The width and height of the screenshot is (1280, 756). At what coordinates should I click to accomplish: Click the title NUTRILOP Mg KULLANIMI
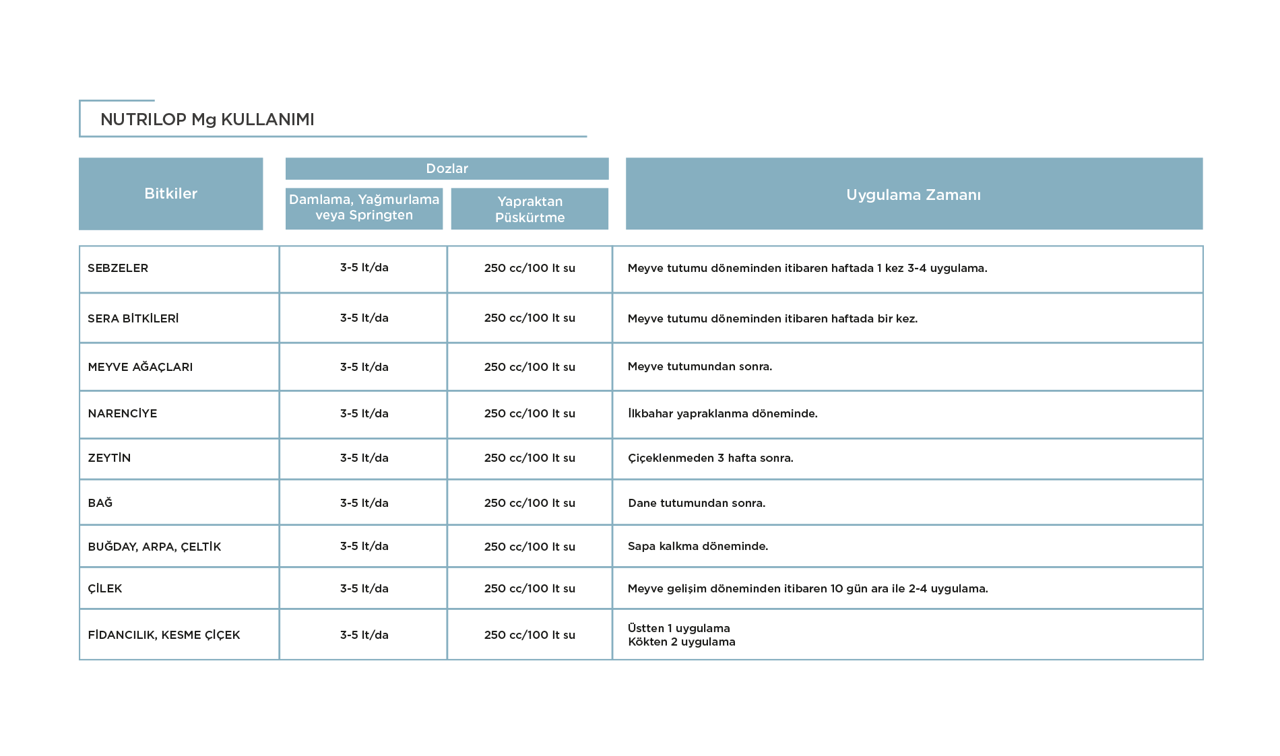(207, 120)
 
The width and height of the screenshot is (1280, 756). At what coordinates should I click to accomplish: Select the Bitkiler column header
(171, 194)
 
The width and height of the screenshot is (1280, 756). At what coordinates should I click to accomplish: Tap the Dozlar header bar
(447, 168)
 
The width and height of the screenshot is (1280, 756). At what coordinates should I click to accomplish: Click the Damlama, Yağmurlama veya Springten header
(364, 207)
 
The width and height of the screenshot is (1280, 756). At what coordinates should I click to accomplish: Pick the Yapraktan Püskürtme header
(530, 209)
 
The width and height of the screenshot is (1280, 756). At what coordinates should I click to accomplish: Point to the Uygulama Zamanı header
(914, 195)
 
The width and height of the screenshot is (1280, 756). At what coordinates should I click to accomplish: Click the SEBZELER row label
(118, 268)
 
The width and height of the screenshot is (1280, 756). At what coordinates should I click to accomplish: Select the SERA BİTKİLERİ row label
(133, 318)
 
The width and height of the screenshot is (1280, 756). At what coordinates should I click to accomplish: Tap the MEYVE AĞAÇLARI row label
(140, 367)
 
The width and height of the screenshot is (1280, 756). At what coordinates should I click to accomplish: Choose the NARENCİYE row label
(123, 413)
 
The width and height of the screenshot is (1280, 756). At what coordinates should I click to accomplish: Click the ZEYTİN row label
(109, 458)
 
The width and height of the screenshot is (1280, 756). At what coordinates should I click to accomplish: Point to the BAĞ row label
(100, 503)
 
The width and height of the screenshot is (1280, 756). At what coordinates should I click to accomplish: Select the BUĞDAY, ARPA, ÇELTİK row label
(154, 547)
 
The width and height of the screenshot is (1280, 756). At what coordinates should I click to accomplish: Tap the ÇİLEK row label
(105, 588)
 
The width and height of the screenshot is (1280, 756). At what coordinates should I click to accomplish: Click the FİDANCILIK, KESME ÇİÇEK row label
(164, 635)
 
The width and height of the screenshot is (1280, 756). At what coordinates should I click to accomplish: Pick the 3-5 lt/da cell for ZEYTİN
(364, 458)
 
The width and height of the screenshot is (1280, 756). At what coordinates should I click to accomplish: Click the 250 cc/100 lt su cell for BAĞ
(530, 503)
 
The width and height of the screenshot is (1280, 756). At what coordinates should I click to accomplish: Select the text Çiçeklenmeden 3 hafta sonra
(711, 458)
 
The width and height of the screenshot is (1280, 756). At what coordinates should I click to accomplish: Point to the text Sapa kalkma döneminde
(698, 546)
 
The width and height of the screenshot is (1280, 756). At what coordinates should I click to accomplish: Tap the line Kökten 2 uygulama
(682, 642)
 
